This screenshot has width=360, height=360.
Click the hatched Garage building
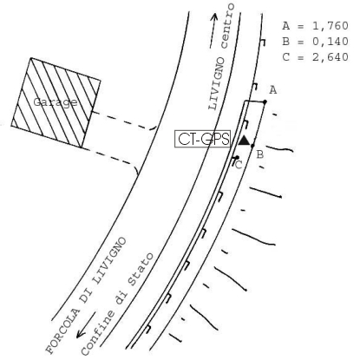click(x=56, y=102)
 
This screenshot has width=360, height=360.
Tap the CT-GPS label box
click(x=203, y=139)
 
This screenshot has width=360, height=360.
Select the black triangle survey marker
click(x=245, y=141)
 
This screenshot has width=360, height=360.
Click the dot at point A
click(x=265, y=101)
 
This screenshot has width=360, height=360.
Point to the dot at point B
click(x=252, y=146)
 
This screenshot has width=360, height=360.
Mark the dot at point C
click(x=237, y=157)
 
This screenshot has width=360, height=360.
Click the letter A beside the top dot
click(x=273, y=90)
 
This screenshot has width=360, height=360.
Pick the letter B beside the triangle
click(x=260, y=154)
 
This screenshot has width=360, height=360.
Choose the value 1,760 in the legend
click(x=331, y=26)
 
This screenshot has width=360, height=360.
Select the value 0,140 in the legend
click(x=331, y=42)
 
